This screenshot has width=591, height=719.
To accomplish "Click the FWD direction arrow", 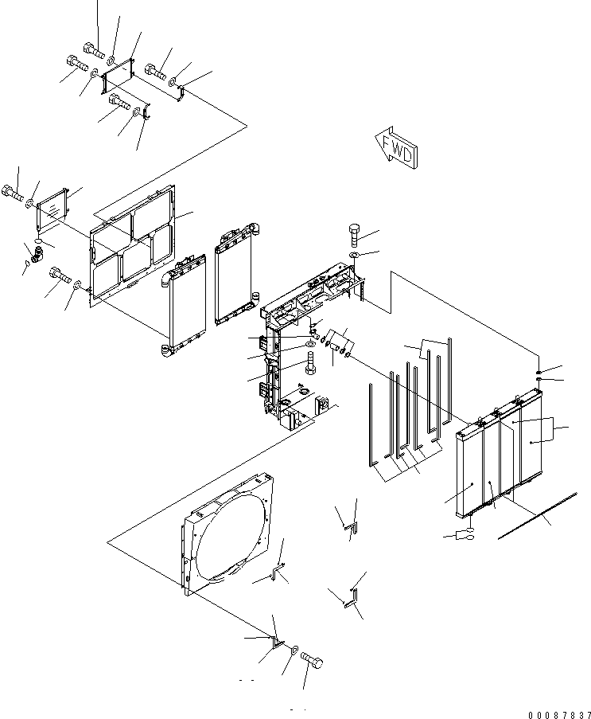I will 395,147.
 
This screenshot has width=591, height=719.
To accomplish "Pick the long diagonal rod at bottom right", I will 537,516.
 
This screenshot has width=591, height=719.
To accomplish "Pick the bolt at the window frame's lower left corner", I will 59,275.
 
